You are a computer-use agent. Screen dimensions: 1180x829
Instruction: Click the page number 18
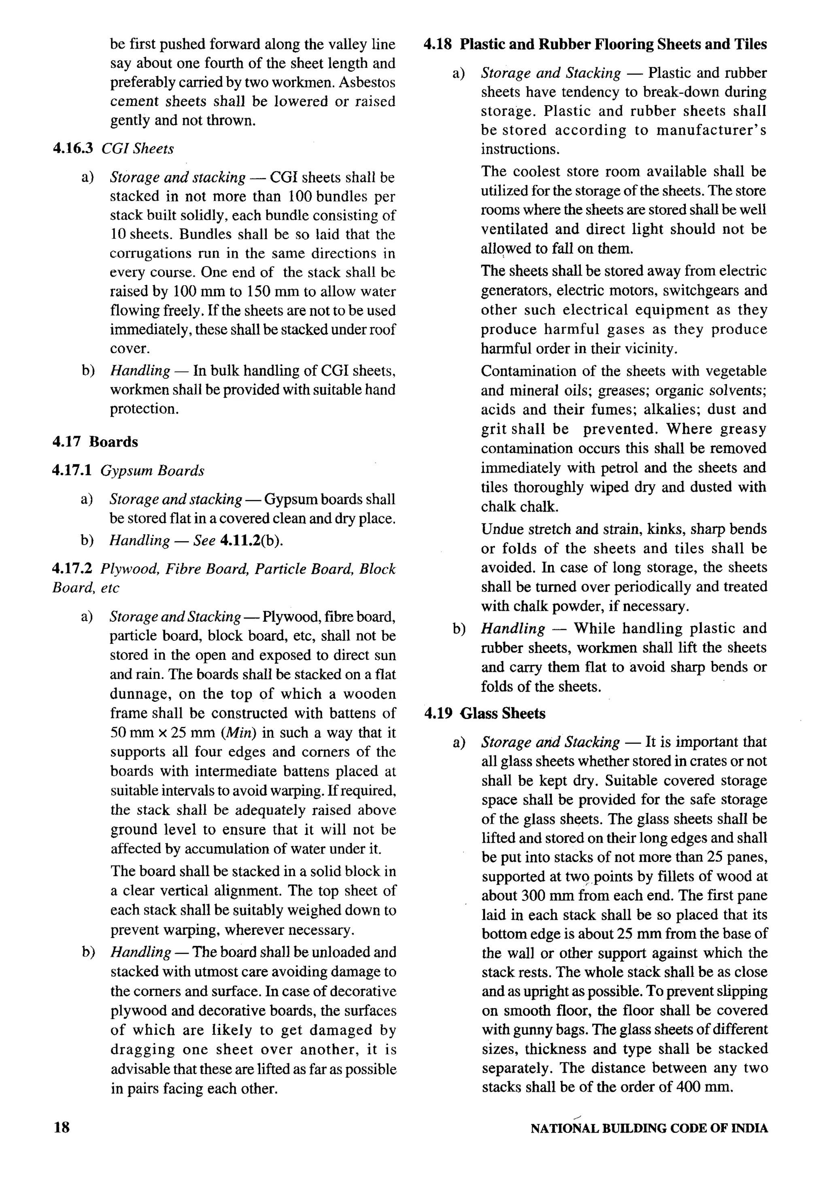click(x=61, y=1127)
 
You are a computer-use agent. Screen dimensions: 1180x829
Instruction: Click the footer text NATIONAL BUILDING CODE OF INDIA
click(x=649, y=1129)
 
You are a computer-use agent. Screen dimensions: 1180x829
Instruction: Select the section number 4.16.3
click(x=72, y=148)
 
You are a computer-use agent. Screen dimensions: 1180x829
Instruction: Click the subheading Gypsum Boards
click(x=152, y=471)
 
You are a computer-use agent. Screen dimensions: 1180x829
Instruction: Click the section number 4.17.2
click(x=72, y=569)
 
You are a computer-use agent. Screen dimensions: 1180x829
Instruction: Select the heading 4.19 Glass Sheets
click(x=485, y=713)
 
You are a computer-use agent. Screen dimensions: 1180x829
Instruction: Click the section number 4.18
click(x=438, y=44)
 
